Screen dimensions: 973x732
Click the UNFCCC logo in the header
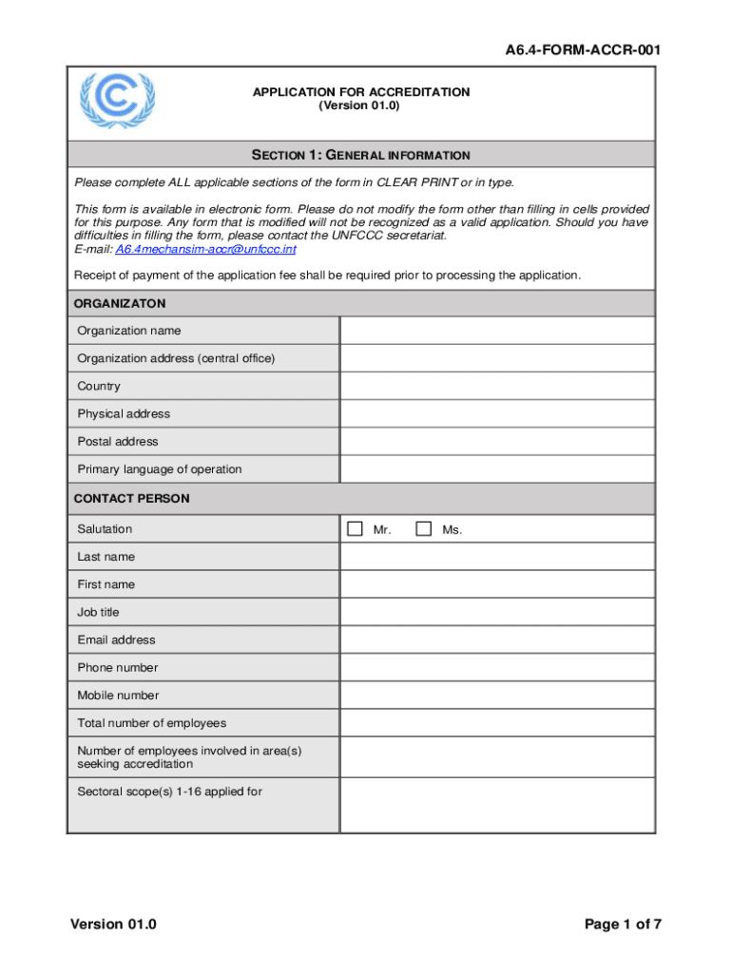click(x=118, y=101)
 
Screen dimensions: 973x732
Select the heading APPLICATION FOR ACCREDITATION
click(x=360, y=92)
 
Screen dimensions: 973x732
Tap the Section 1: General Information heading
click(x=360, y=155)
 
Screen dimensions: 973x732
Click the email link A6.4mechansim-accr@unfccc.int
click(x=205, y=249)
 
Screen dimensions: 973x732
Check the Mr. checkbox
click(x=355, y=529)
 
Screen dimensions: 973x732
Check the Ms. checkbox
click(x=424, y=529)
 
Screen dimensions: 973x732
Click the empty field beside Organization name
click(x=497, y=331)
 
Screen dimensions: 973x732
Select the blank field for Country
click(x=497, y=387)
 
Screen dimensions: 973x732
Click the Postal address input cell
click(x=497, y=442)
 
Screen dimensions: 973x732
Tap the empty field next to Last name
click(x=497, y=557)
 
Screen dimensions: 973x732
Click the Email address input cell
click(x=497, y=640)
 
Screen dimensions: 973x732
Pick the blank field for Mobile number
click(x=497, y=696)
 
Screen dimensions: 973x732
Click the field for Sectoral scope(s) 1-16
click(x=497, y=805)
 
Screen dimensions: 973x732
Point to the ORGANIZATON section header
click(x=120, y=304)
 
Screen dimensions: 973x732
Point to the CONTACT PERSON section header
click(x=131, y=499)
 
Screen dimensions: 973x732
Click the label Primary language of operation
click(x=160, y=469)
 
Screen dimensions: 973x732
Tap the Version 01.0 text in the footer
click(x=112, y=925)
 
